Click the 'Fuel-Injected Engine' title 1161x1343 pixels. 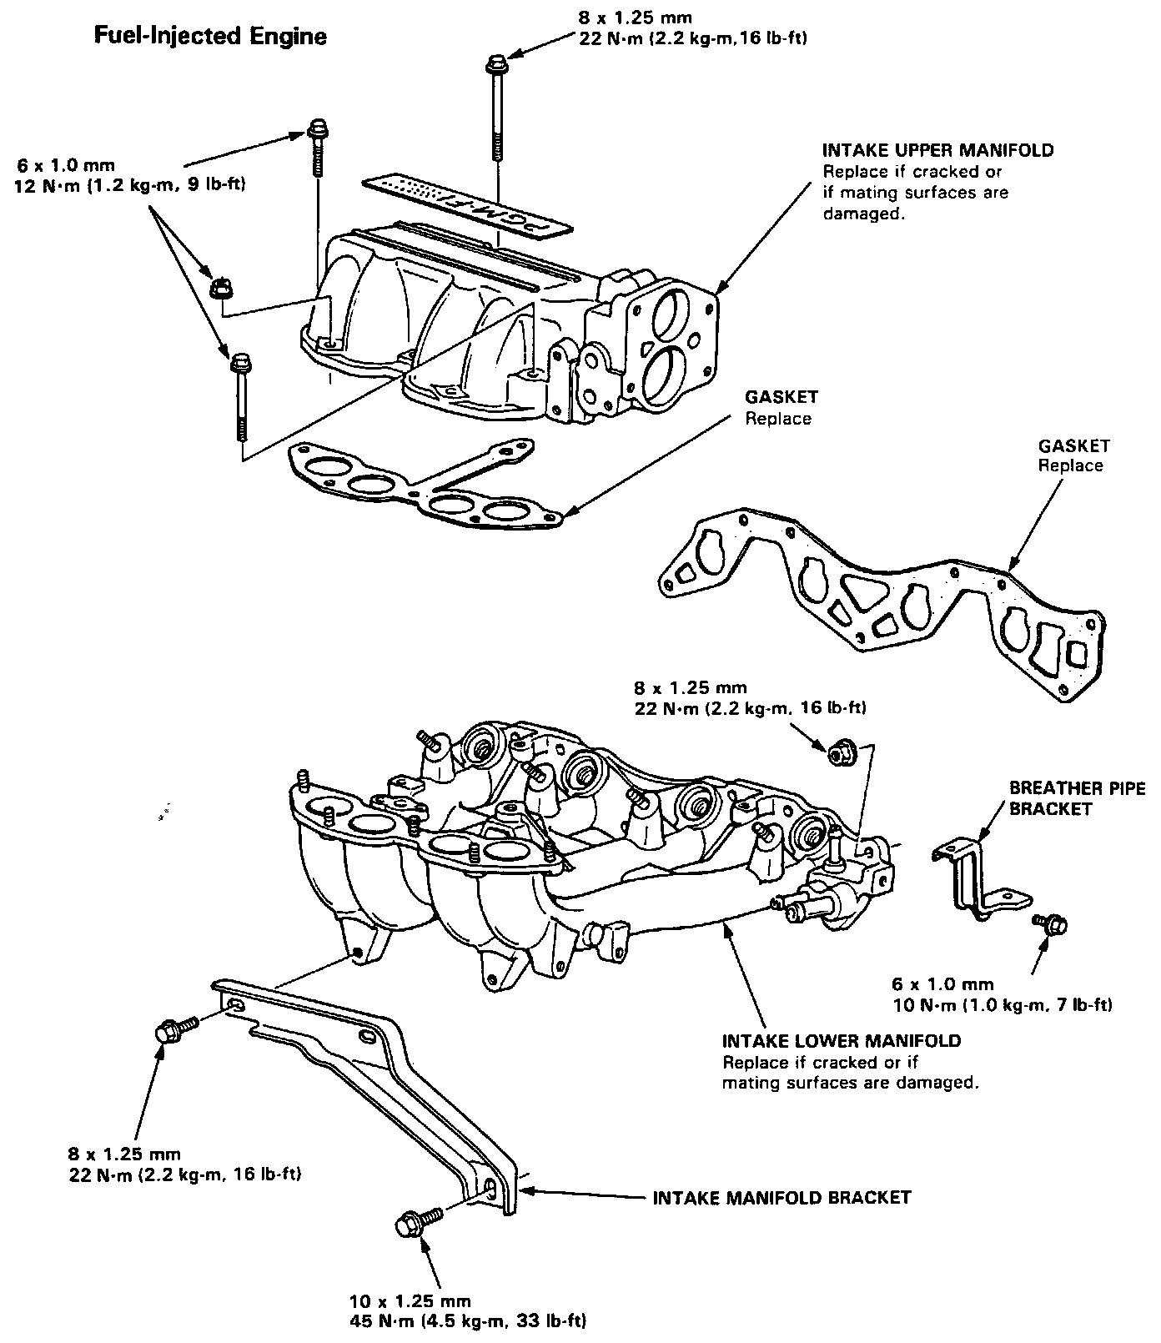(x=209, y=37)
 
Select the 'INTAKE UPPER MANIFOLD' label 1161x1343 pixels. (x=937, y=151)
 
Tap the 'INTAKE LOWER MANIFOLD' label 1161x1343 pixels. (x=841, y=1041)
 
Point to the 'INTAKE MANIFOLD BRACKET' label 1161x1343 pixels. (x=781, y=1198)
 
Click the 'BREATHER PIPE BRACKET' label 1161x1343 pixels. (x=1077, y=798)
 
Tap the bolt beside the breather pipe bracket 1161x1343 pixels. (x=1052, y=923)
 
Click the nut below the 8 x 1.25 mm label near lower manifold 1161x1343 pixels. (x=839, y=754)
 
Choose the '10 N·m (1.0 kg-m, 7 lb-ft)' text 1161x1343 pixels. (x=1002, y=1005)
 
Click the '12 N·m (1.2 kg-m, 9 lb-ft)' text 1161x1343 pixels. (x=129, y=185)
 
